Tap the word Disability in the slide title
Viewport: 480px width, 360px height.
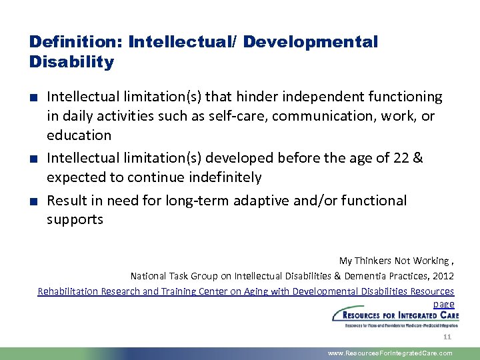(71, 63)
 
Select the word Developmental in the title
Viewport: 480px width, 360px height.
(311, 42)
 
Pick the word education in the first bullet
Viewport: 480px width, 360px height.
(79, 135)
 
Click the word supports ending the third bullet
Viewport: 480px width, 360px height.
(75, 219)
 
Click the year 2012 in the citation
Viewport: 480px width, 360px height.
(443, 275)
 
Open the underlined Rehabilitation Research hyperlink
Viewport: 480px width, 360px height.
(245, 291)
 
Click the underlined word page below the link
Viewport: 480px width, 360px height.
(443, 303)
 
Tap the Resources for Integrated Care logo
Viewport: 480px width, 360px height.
(395, 319)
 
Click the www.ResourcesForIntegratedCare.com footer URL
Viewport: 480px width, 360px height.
(390, 353)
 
